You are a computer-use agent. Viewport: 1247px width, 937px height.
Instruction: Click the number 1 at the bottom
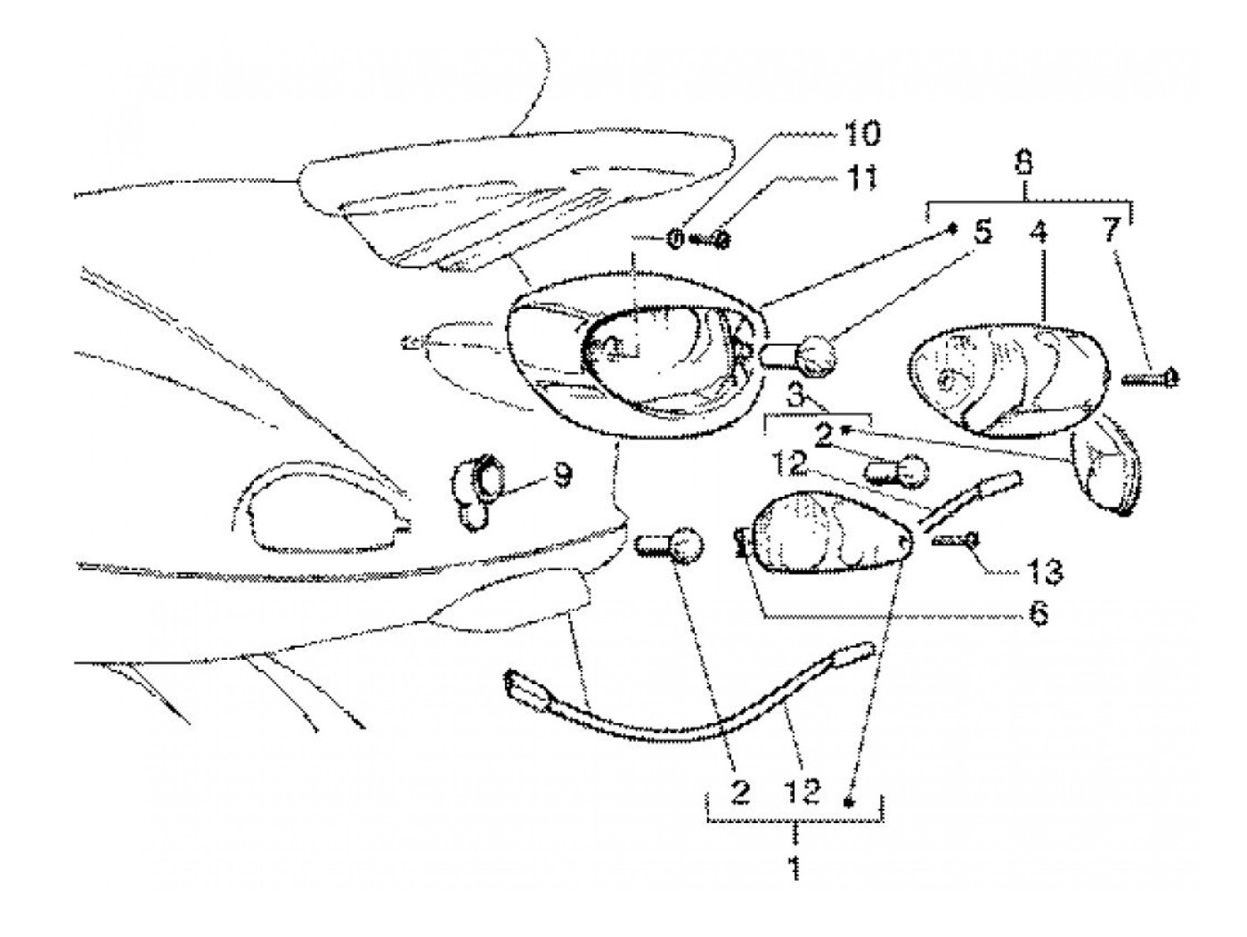tap(794, 866)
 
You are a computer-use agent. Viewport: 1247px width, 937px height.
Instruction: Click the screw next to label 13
tap(956, 539)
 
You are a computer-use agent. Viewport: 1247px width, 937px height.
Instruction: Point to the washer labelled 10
tap(676, 239)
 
